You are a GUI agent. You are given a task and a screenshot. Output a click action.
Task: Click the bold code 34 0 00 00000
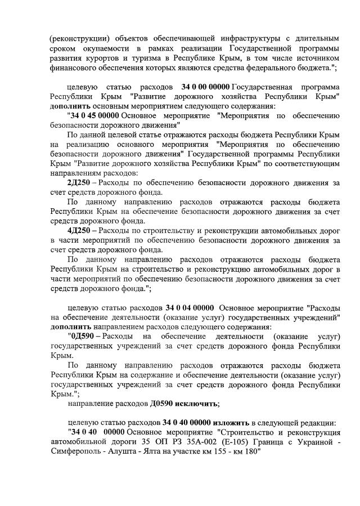pyautogui.click(x=206, y=88)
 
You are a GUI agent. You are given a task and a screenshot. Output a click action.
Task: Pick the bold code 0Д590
pyautogui.click(x=82, y=337)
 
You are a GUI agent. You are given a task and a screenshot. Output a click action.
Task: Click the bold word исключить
pyautogui.click(x=197, y=404)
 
